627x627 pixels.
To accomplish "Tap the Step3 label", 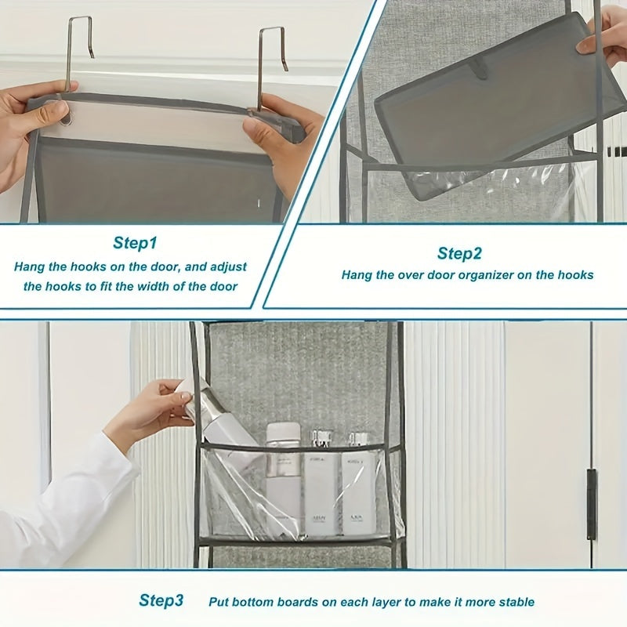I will [161, 601].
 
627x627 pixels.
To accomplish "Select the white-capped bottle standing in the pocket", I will [283, 470].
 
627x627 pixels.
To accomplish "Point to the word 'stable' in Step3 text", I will [515, 602].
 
